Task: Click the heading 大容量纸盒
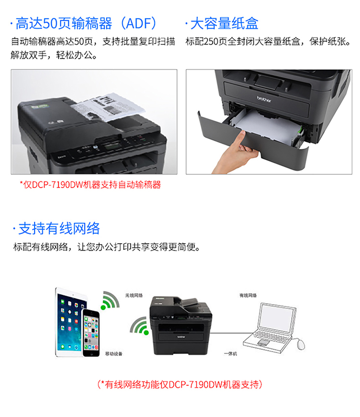[224, 24]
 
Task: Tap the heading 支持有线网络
[59, 228]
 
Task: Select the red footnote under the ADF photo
[90, 185]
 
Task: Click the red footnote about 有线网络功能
[180, 384]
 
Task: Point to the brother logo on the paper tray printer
[264, 99]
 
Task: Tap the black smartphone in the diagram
[91, 333]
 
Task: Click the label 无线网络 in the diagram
[134, 295]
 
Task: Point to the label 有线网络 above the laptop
[248, 295]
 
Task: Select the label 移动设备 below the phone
[114, 354]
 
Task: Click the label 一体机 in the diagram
[230, 354]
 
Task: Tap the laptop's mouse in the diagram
[301, 344]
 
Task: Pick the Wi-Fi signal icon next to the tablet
[110, 300]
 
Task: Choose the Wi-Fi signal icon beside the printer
[139, 326]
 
